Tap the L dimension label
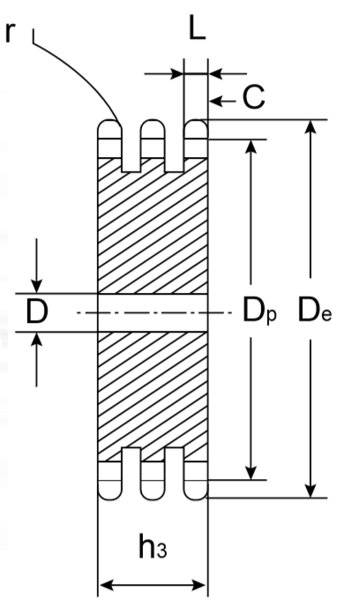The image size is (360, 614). pos(197,28)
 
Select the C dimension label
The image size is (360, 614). pos(254,97)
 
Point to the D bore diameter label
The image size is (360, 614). pos(37,312)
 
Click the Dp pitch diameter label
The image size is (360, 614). pos(259,311)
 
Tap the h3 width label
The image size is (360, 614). pos(153,547)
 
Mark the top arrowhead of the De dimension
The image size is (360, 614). pos(311,127)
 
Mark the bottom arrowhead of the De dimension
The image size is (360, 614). pos(311,490)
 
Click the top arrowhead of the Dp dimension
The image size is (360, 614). pos(251,146)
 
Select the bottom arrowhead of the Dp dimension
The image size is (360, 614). pos(251,472)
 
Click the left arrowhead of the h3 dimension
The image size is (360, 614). pos(107,586)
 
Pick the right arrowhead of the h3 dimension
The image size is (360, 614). pos(199,586)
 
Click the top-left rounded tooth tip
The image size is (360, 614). pos(109,129)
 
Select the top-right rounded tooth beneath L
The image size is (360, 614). pos(196,129)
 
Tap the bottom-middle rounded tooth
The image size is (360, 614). pos(153,490)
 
